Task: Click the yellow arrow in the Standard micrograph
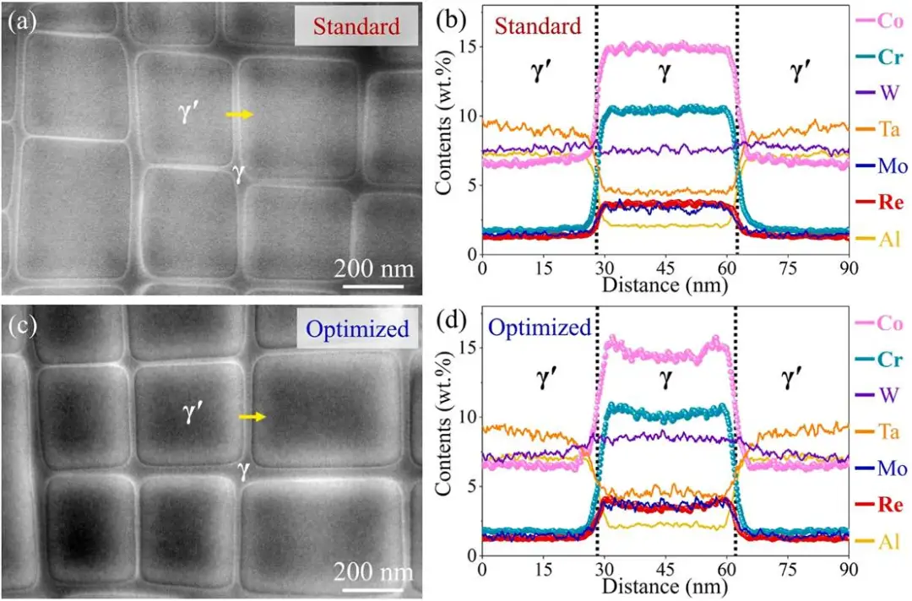click(x=240, y=115)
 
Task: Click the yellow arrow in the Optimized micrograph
click(x=252, y=416)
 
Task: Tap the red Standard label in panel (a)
click(x=356, y=26)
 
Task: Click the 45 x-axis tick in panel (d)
click(x=665, y=570)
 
